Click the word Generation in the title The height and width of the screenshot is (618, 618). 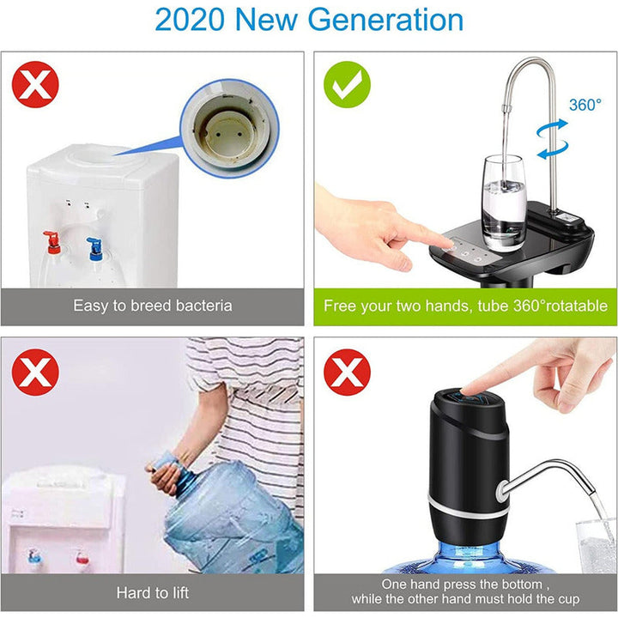point(380,20)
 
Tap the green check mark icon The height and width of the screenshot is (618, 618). point(347,83)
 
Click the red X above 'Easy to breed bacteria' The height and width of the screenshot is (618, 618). point(35,83)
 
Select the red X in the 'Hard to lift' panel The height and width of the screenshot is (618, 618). point(35,373)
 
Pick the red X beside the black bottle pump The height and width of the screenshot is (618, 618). point(347,373)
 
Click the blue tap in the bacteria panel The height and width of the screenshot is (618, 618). point(94,246)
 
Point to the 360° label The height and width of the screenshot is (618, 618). point(585,105)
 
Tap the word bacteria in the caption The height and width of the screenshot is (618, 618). point(203,306)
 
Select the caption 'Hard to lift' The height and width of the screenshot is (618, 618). point(153,592)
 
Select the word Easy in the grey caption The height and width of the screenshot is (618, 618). point(89,306)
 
